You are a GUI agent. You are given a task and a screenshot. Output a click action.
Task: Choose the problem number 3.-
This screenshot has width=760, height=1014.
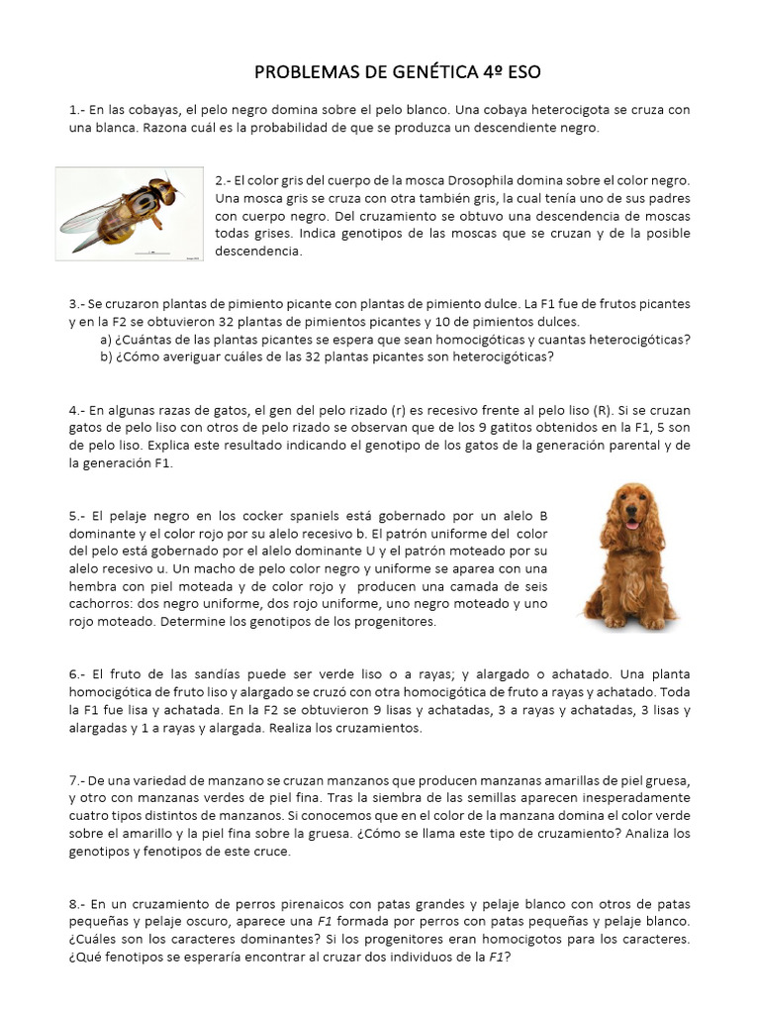click(78, 303)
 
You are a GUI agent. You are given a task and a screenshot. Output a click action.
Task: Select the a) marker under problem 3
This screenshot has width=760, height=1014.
click(105, 340)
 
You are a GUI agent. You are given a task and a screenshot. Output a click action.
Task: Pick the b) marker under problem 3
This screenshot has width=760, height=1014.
click(105, 357)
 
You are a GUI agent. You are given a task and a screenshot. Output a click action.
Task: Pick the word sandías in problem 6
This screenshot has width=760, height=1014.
click(205, 674)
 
